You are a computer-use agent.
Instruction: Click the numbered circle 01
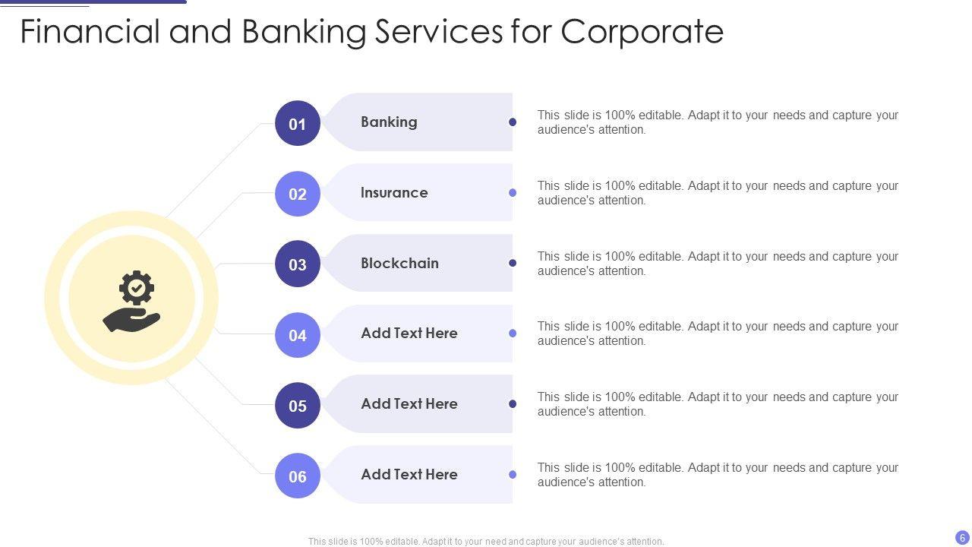tap(298, 123)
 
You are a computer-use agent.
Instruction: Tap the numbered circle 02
tap(298, 194)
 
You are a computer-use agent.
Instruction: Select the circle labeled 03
tap(298, 264)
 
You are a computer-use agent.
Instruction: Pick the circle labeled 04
tap(298, 335)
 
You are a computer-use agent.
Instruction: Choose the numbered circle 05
tap(298, 406)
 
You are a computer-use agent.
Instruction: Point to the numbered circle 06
tap(298, 476)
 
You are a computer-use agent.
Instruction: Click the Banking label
tap(389, 122)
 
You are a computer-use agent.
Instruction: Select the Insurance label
tap(394, 192)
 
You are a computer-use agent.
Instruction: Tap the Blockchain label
tap(399, 263)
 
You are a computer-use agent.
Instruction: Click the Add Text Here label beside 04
tap(409, 333)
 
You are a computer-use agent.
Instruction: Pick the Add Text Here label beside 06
tap(409, 474)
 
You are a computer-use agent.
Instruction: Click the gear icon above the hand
tap(137, 288)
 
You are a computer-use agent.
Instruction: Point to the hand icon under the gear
tap(131, 320)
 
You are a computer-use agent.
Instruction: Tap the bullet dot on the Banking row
tap(513, 122)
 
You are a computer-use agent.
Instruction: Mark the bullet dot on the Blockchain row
tap(513, 263)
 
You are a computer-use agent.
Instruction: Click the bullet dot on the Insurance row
tap(513, 192)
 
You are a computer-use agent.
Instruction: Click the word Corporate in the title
tap(642, 32)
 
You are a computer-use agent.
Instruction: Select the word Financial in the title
tap(90, 32)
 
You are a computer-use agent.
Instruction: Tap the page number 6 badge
tap(962, 537)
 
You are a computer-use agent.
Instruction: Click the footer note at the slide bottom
tap(486, 542)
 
